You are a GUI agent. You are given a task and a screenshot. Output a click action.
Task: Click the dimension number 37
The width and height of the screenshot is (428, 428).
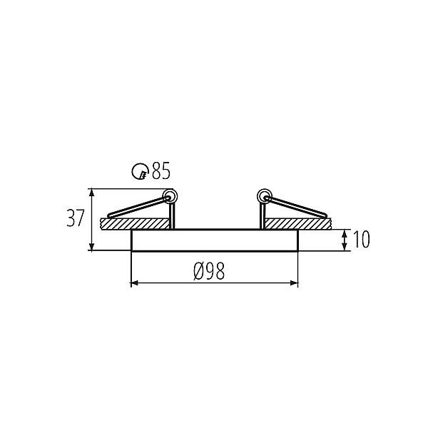coord(75,218)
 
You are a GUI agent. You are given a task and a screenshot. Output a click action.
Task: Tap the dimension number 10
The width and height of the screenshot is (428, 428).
coord(362,240)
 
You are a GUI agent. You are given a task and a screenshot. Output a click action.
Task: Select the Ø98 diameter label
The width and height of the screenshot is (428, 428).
coord(209,271)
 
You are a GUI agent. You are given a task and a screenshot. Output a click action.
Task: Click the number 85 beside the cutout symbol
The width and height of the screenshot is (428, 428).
coord(161,171)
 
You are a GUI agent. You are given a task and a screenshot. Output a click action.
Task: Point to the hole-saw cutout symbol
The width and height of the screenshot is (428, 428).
coord(141,171)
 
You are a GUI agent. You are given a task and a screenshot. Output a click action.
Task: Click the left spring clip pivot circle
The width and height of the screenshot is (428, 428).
coord(170,196)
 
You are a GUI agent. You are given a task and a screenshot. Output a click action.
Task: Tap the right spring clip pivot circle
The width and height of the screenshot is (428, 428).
coord(264,196)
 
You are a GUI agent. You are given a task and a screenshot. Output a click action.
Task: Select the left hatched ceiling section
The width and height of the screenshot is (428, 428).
coord(134,224)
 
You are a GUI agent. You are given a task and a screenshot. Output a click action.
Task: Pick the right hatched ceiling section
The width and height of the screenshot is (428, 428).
coord(298,224)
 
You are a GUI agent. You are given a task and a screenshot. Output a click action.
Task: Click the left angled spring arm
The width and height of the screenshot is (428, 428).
coord(138,207)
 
